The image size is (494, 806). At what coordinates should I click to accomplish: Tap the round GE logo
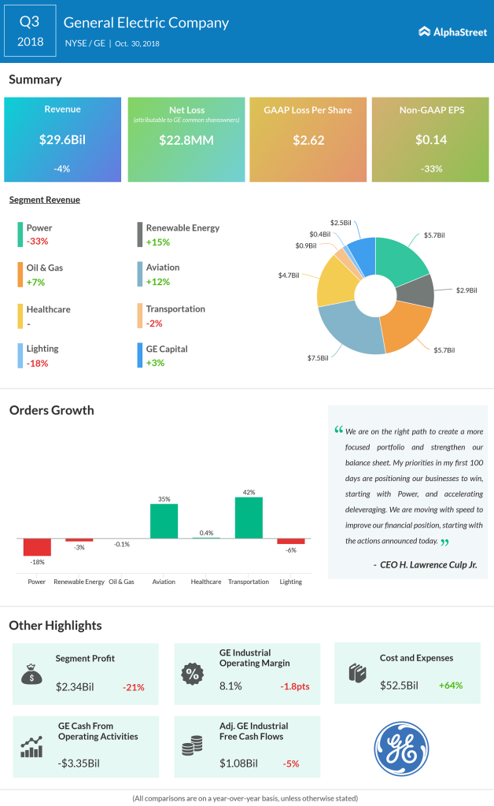pos(401,747)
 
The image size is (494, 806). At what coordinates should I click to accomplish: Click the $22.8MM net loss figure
pos(186,139)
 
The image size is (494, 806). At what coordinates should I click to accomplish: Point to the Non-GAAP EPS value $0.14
pos(431,139)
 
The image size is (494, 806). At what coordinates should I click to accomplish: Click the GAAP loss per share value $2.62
pos(308,139)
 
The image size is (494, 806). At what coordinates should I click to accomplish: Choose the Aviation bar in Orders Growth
pos(164,520)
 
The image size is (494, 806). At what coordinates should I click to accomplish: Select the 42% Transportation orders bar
pos(249,517)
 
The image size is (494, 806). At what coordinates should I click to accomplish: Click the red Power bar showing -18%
pos(37,547)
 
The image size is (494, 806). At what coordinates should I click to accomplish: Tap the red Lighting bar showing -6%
pos(290,542)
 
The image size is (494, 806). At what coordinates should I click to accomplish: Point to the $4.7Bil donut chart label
pos(288,275)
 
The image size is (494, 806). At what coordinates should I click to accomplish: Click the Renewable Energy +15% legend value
pos(159,242)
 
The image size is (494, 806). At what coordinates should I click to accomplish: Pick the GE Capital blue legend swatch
pos(139,355)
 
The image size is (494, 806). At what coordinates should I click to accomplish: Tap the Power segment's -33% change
pos(38,242)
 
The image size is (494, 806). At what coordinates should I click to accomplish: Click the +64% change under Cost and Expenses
pos(451,685)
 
